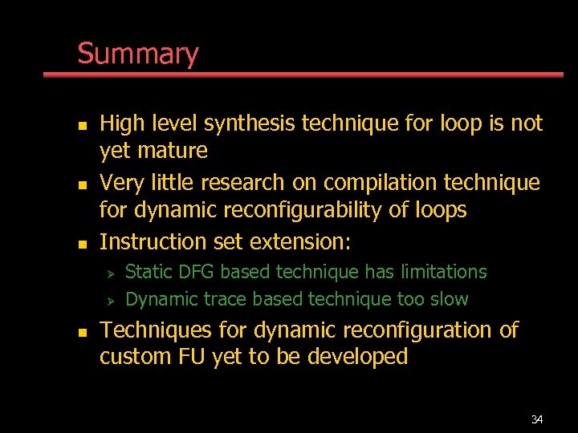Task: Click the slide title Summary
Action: (137, 55)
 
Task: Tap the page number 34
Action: (537, 419)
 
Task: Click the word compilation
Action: (381, 183)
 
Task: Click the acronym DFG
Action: (196, 272)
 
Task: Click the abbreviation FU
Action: (193, 357)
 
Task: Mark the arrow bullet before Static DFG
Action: (112, 273)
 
